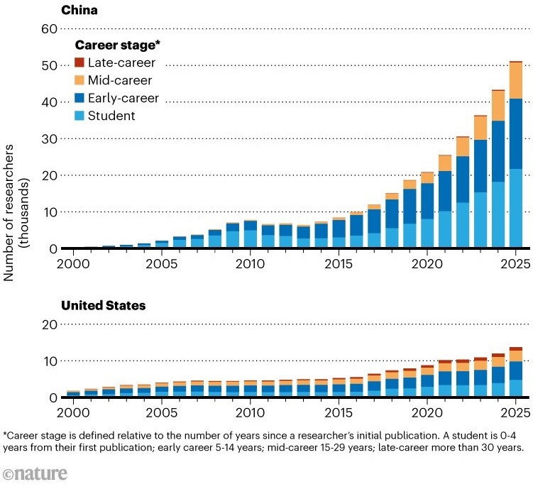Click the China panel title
pos(79,10)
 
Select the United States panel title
pos(104,305)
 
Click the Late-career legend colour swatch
pos(79,62)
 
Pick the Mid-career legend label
pos(120,80)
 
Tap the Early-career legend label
pos(123,98)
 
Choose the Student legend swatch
pos(79,116)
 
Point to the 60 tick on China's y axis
pos(49,29)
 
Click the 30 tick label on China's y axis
pos(49,138)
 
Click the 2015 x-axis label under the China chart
pos(339,264)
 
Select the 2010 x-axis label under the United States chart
pos(251,413)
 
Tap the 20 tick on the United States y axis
pos(49,324)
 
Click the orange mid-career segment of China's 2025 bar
pos(516,81)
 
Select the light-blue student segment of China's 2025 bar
pos(516,208)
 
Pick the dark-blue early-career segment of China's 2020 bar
pos(427,201)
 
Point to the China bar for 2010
pos(251,234)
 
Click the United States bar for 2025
pos(516,372)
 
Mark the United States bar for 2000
pos(73,393)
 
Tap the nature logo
pos(35,473)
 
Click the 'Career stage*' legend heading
pos(117,45)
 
